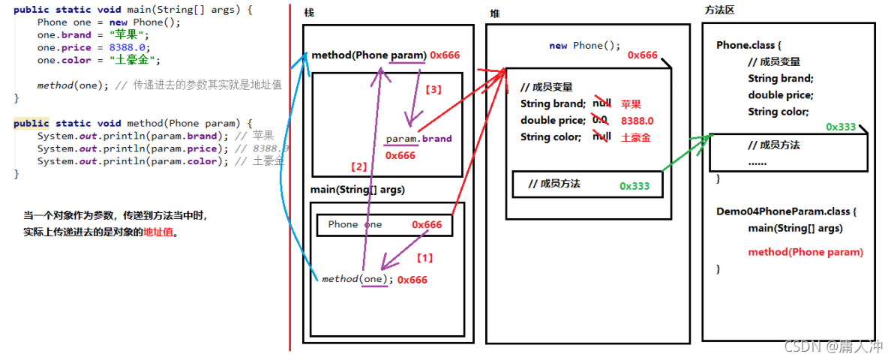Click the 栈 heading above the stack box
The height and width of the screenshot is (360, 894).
pos(309,14)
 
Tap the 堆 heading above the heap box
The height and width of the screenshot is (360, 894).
pos(494,14)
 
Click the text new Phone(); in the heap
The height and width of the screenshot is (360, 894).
pos(584,46)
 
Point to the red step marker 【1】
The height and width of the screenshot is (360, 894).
pos(424,258)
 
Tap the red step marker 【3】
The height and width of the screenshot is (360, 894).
pos(433,89)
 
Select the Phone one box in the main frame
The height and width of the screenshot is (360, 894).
pos(384,225)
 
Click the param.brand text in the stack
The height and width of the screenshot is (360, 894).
pos(418,139)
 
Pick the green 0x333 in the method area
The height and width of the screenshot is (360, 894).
pos(841,127)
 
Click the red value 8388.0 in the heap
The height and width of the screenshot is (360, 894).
pos(637,121)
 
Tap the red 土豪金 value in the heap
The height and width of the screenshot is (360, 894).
pos(636,137)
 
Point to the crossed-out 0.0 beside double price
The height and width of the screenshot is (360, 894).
pos(599,120)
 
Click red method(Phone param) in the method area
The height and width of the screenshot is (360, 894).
pos(805,252)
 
